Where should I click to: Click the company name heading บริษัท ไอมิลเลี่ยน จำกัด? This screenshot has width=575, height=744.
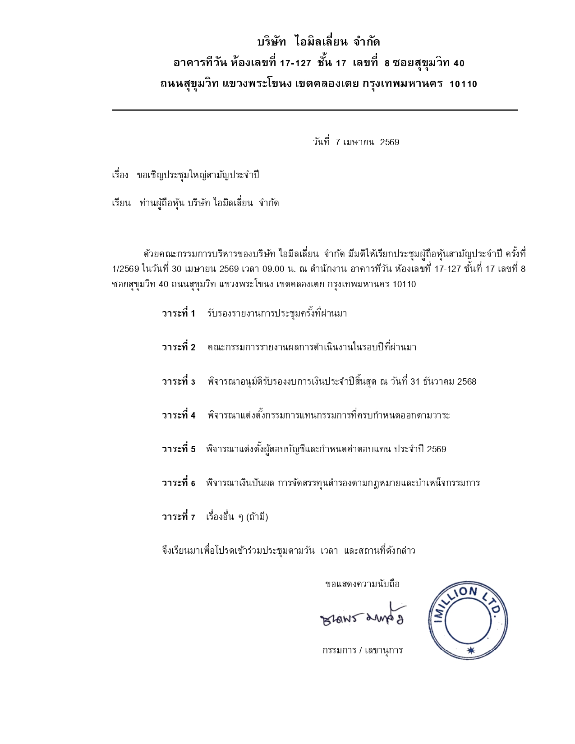tap(318, 42)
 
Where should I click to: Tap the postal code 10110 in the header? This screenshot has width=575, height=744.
tap(463, 84)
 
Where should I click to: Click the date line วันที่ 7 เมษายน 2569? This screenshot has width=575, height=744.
tap(356, 142)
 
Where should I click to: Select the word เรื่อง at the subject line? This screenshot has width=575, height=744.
tap(120, 175)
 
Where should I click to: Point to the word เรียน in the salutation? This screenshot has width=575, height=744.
tap(121, 203)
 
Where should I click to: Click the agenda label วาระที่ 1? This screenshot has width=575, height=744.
tap(179, 314)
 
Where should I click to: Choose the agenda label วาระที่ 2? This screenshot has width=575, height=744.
tap(179, 348)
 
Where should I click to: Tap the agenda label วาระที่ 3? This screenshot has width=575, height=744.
tap(179, 382)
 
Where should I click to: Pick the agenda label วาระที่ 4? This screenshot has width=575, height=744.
tap(179, 416)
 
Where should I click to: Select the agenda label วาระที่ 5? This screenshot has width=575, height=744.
tap(179, 450)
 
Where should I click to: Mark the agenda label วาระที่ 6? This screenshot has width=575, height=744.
tap(179, 483)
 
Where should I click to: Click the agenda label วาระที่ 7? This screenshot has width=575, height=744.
tap(179, 517)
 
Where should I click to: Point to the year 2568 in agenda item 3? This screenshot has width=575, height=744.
tap(466, 382)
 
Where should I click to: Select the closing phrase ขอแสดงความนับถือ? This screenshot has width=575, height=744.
tap(362, 584)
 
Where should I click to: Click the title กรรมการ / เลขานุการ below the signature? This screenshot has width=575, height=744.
tap(362, 651)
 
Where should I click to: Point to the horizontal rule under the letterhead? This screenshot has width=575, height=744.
tap(315, 110)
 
